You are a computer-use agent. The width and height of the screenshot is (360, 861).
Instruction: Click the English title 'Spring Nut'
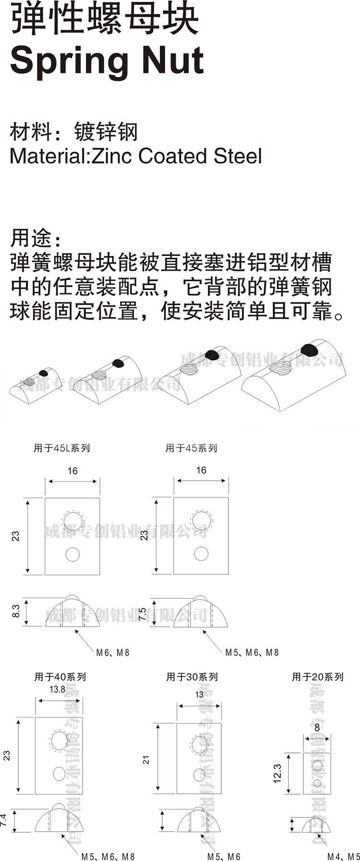pos(107,61)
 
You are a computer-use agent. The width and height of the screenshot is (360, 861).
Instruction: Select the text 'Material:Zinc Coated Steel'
pos(136,156)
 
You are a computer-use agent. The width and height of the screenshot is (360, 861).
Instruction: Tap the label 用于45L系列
pos(61,448)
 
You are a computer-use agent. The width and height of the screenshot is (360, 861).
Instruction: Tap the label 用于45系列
pos(191,448)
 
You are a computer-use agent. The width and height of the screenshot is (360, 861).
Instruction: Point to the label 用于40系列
pos(60,677)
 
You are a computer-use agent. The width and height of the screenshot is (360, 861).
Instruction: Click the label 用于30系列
pos(192,677)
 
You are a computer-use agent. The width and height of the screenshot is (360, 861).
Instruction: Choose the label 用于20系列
pos(318,677)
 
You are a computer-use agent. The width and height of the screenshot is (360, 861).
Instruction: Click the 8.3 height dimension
pos(16,611)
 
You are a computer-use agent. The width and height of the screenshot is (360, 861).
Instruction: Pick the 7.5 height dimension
pos(143,614)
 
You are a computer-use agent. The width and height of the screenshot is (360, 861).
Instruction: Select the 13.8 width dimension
pos(57,690)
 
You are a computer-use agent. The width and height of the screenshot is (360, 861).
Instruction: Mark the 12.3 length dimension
pos(277,774)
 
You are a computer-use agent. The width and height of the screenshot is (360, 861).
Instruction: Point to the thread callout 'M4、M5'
pos(343,857)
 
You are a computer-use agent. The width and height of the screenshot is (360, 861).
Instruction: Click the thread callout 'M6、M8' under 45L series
pos(113,653)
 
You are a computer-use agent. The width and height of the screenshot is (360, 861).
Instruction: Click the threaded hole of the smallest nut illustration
pos(29,382)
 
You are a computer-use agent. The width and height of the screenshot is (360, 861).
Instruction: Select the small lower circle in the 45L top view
pos(72,554)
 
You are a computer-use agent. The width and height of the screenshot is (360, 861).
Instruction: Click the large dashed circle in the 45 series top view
pos(201,519)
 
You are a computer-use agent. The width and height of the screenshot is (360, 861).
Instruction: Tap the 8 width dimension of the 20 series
pos(317,728)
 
